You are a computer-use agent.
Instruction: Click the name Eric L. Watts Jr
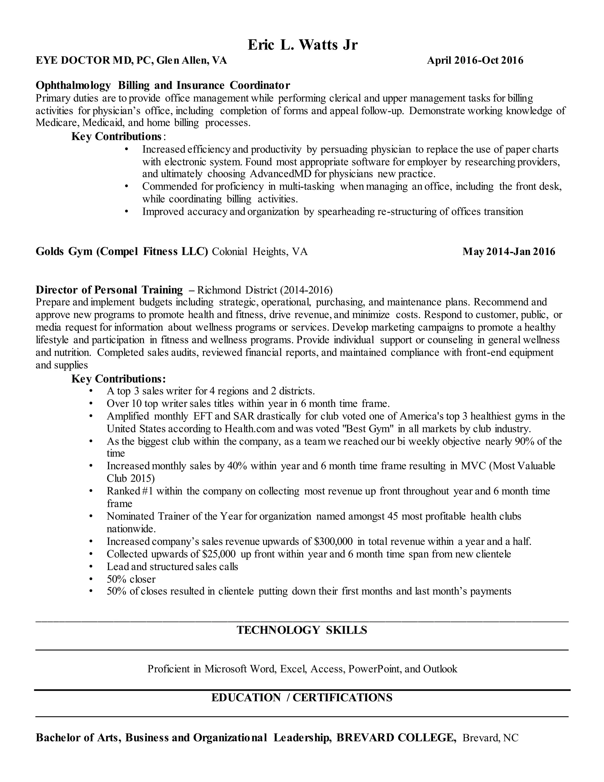click(302, 45)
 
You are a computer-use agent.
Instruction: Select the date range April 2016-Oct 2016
click(475, 60)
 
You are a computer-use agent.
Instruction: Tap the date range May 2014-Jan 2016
click(508, 251)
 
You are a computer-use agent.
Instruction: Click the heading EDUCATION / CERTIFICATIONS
click(302, 698)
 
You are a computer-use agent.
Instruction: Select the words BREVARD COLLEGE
click(396, 738)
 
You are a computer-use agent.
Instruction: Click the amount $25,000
click(219, 554)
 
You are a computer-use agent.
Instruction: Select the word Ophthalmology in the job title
click(73, 85)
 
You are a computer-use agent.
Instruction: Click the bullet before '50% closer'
click(91, 579)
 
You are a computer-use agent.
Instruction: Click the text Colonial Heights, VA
click(260, 252)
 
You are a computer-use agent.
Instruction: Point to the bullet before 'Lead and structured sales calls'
click(91, 567)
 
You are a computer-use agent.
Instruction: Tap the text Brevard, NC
click(490, 738)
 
